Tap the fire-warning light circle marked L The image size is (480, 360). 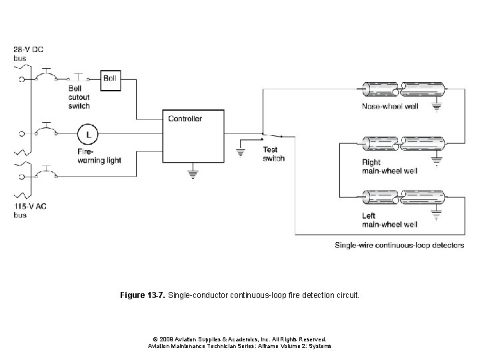pos(86,135)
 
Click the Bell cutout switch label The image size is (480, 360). pos(79,97)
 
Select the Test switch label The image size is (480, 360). pos(273,154)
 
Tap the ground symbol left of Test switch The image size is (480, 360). pos(241,153)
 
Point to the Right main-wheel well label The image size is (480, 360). pos(390,166)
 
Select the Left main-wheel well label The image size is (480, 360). pos(389,220)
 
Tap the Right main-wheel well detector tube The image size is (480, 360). pos(402,143)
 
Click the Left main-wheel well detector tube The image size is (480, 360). pos(402,197)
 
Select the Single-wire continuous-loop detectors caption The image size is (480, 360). pos(399,245)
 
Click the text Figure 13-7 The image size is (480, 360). pos(143,293)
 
